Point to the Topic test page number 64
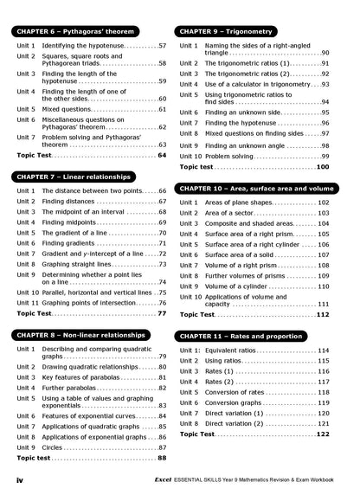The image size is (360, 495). coord(162,155)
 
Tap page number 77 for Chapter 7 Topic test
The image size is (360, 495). coord(162,313)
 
